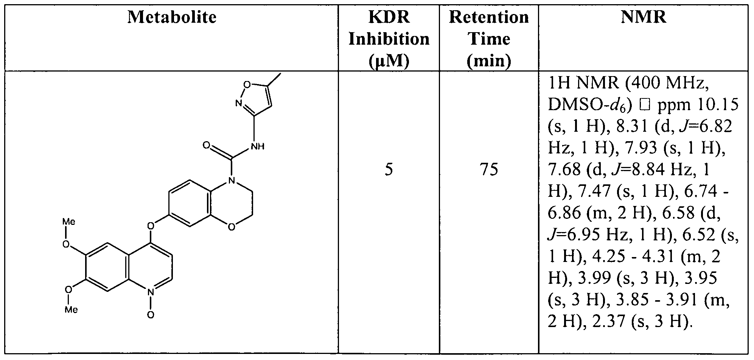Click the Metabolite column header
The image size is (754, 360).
click(x=172, y=17)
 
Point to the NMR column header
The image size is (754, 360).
click(x=644, y=17)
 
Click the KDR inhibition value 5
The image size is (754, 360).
click(x=389, y=170)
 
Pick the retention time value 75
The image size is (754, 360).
click(x=489, y=170)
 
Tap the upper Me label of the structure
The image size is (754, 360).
click(x=69, y=221)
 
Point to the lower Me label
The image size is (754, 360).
click(x=71, y=310)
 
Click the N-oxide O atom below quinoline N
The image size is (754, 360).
click(x=151, y=315)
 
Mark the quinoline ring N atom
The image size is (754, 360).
click(x=151, y=292)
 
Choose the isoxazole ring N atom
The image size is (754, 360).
click(x=238, y=103)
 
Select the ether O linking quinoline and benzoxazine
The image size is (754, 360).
click(x=151, y=226)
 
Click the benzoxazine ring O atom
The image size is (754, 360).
click(x=232, y=227)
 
